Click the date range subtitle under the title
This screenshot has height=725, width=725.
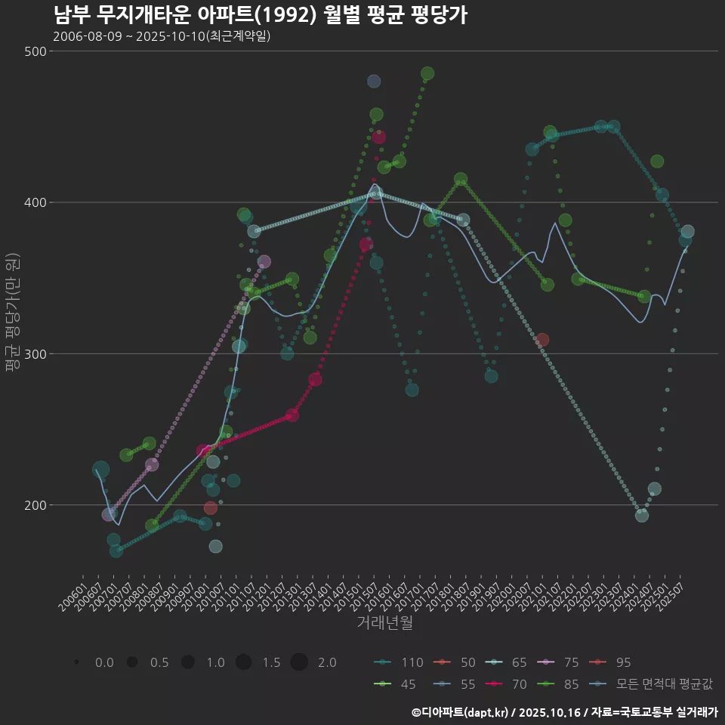click(x=162, y=36)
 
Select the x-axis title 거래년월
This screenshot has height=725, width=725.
click(x=384, y=623)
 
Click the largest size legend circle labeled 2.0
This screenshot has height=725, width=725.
click(x=299, y=662)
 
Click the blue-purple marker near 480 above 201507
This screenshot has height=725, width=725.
click(x=374, y=82)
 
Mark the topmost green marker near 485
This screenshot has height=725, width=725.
click(x=427, y=73)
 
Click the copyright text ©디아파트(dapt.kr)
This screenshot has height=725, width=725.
click(x=461, y=712)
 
